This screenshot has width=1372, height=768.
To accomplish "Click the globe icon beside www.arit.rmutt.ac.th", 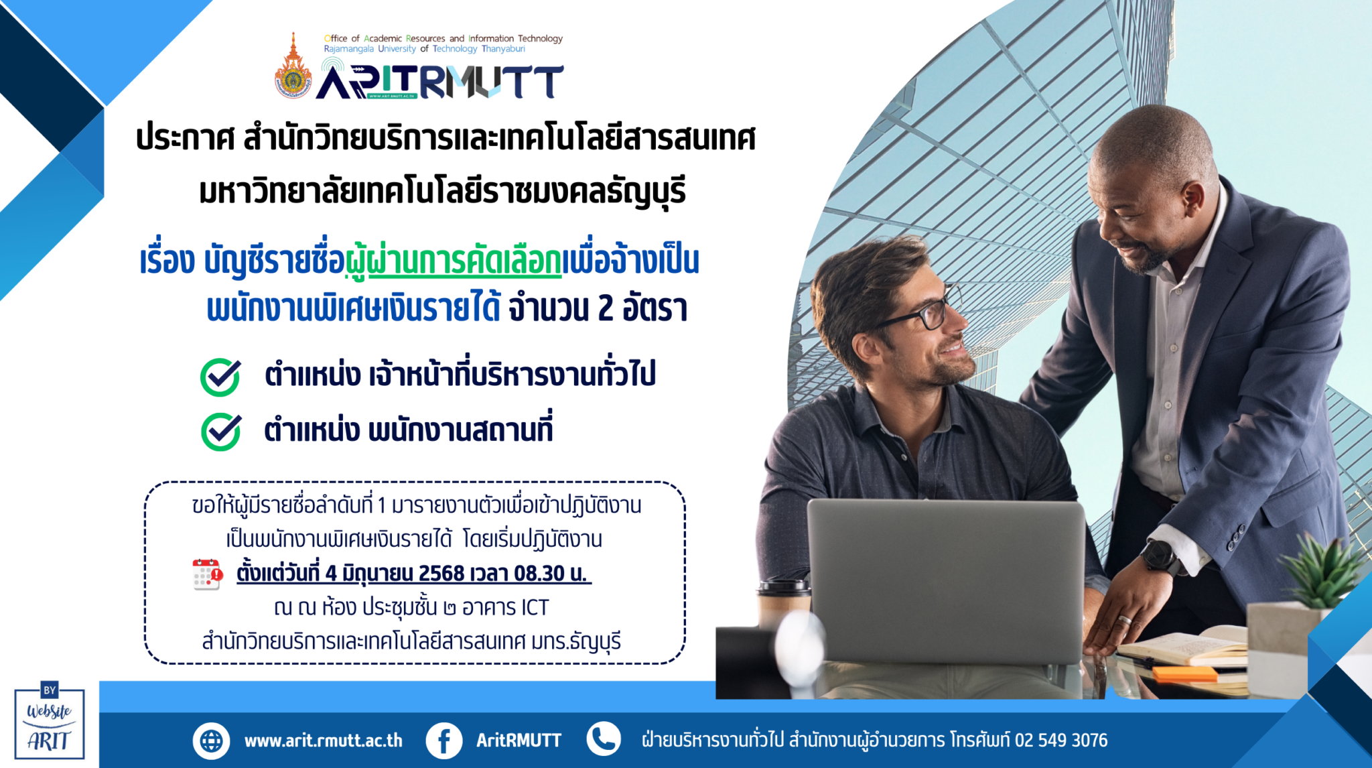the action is pos(211,741).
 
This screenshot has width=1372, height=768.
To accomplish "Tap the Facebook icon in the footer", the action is pos(444,741).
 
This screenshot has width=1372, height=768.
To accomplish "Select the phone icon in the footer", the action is pos(604,739).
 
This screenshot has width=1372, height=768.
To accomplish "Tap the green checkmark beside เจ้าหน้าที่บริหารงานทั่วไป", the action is pos(220,377).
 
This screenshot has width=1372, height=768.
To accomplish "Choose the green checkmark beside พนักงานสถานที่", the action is pos(221,432).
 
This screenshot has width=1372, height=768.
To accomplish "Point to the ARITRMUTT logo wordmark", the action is pos(439,81).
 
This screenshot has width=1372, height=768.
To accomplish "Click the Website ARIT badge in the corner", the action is pos(50,721).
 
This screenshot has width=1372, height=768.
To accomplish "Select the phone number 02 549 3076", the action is pos(1061,740).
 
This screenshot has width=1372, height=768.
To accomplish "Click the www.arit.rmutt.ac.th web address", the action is pos(324,741).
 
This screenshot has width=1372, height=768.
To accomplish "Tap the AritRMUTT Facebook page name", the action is pos(519,741).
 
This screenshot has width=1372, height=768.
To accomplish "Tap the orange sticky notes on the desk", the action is pos(1184,674).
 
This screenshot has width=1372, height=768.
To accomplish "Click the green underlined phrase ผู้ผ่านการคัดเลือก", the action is pos(454,261).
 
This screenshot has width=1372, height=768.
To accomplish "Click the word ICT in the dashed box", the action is pos(535,608).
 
